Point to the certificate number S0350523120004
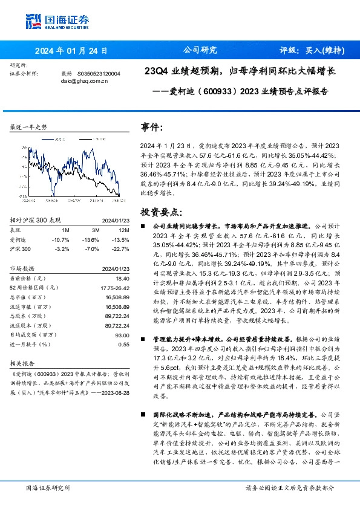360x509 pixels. pos(100,73)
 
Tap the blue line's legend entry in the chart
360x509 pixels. pos(59,138)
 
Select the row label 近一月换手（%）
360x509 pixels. pos(30,344)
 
